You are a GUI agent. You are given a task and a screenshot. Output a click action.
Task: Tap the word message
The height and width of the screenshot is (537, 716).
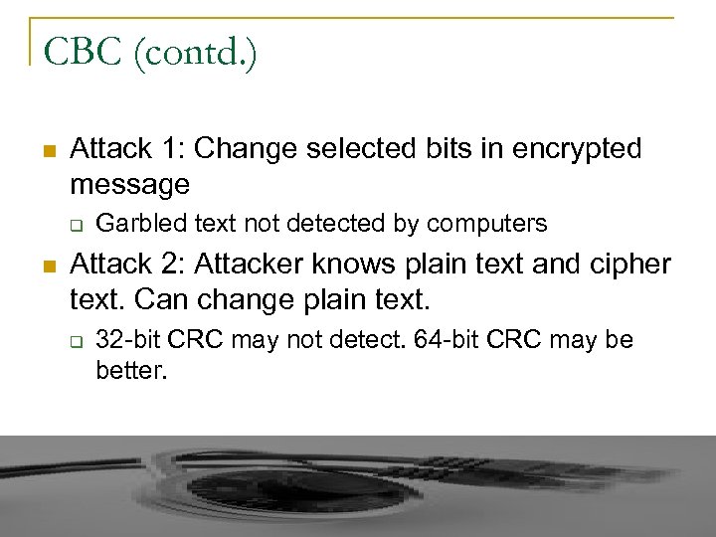(x=129, y=185)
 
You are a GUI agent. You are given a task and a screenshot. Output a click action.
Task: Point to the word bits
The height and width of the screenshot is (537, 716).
(x=448, y=149)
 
